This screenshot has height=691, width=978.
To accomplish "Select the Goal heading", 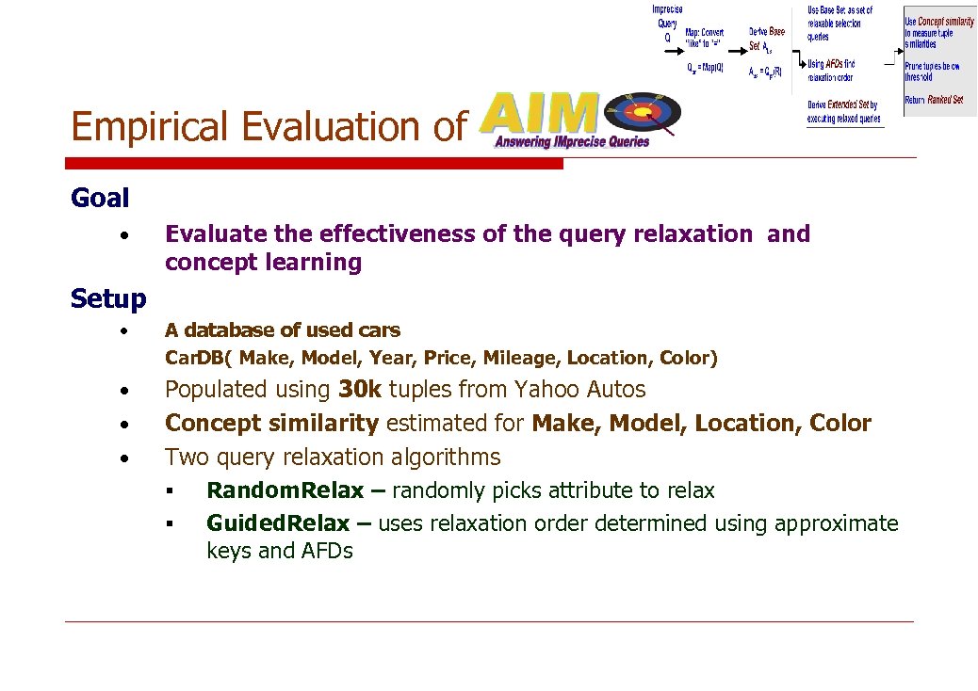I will click(x=100, y=198).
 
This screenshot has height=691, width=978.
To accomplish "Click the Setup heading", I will click(x=108, y=299).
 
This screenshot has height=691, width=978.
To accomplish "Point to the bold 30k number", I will click(x=359, y=389).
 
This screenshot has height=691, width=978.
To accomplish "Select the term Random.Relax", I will click(x=285, y=490).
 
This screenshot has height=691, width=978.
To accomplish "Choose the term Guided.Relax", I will click(x=278, y=523).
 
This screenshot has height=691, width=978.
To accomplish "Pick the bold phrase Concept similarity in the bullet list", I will click(x=271, y=424).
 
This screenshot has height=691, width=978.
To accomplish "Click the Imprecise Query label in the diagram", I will click(x=667, y=17).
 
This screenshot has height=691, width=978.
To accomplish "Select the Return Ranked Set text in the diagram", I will click(x=933, y=100).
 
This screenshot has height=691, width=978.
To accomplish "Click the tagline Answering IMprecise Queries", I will click(x=572, y=142).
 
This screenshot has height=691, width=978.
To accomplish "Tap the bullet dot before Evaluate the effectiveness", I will click(x=124, y=234).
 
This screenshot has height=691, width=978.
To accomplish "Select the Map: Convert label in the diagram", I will click(x=705, y=33).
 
